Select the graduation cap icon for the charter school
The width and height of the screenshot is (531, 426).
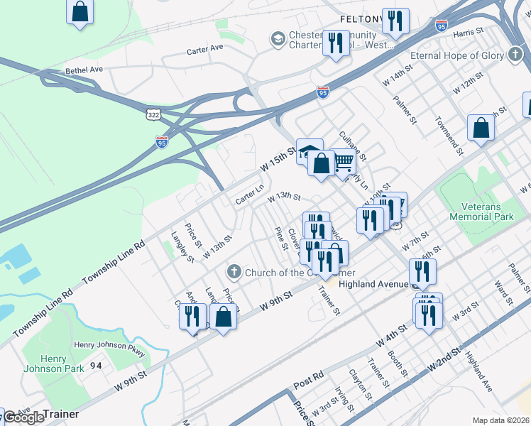click(278, 38)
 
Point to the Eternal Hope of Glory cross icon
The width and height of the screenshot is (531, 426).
click(516, 55)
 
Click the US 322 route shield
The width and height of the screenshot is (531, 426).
click(153, 114)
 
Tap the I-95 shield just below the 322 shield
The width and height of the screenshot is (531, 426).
click(161, 143)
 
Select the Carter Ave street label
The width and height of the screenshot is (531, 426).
click(205, 50)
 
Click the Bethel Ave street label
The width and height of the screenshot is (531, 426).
click(84, 70)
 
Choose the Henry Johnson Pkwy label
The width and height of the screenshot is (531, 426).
click(109, 346)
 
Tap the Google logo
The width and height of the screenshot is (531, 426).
click(23, 417)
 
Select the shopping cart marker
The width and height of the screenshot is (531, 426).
click(344, 161)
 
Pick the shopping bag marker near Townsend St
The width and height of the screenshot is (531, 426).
click(481, 129)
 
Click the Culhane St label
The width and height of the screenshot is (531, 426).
click(352, 145)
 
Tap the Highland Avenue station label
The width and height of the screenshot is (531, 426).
click(373, 283)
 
